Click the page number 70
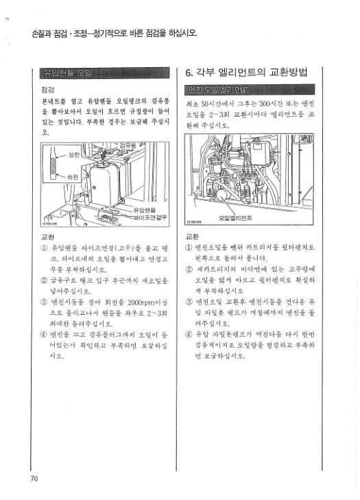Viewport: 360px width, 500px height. pyautogui.click(x=34, y=478)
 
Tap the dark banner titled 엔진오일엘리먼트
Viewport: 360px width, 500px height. pyautogui.click(x=250, y=90)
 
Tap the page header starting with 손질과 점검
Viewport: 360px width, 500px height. pyautogui.click(x=110, y=34)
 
